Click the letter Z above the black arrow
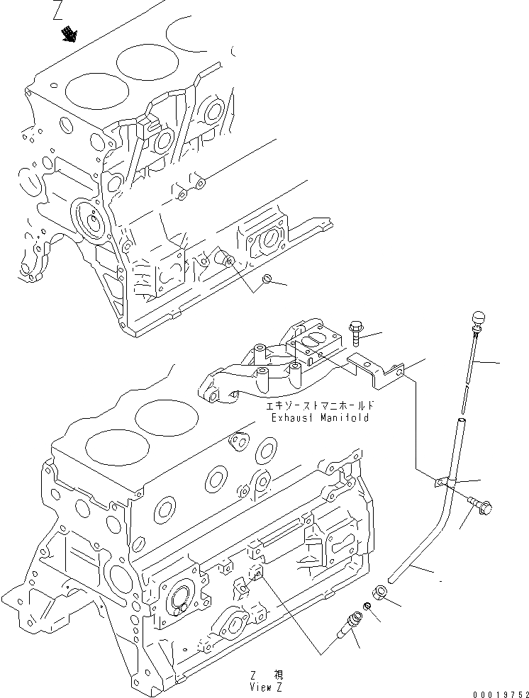(59, 11)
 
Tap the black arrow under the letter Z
(69, 33)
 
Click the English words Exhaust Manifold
(320, 418)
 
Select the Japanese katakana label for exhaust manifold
(319, 407)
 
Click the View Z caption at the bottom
(266, 682)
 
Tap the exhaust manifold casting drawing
(262, 368)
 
